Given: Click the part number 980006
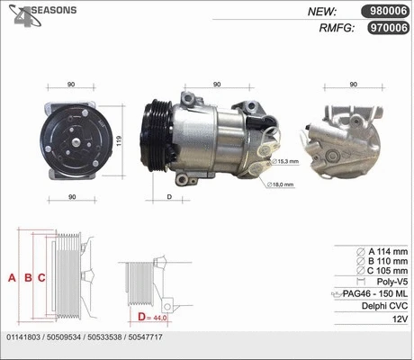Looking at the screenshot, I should tap(384, 12).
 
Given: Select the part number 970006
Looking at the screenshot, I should tap(384, 28).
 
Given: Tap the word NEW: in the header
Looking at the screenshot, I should tap(321, 12).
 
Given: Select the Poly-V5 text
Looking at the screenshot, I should tap(388, 282).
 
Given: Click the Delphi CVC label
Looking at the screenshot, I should tap(382, 306).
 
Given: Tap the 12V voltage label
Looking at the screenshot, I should tap(398, 319).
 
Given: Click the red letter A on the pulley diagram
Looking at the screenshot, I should tap(12, 277).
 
